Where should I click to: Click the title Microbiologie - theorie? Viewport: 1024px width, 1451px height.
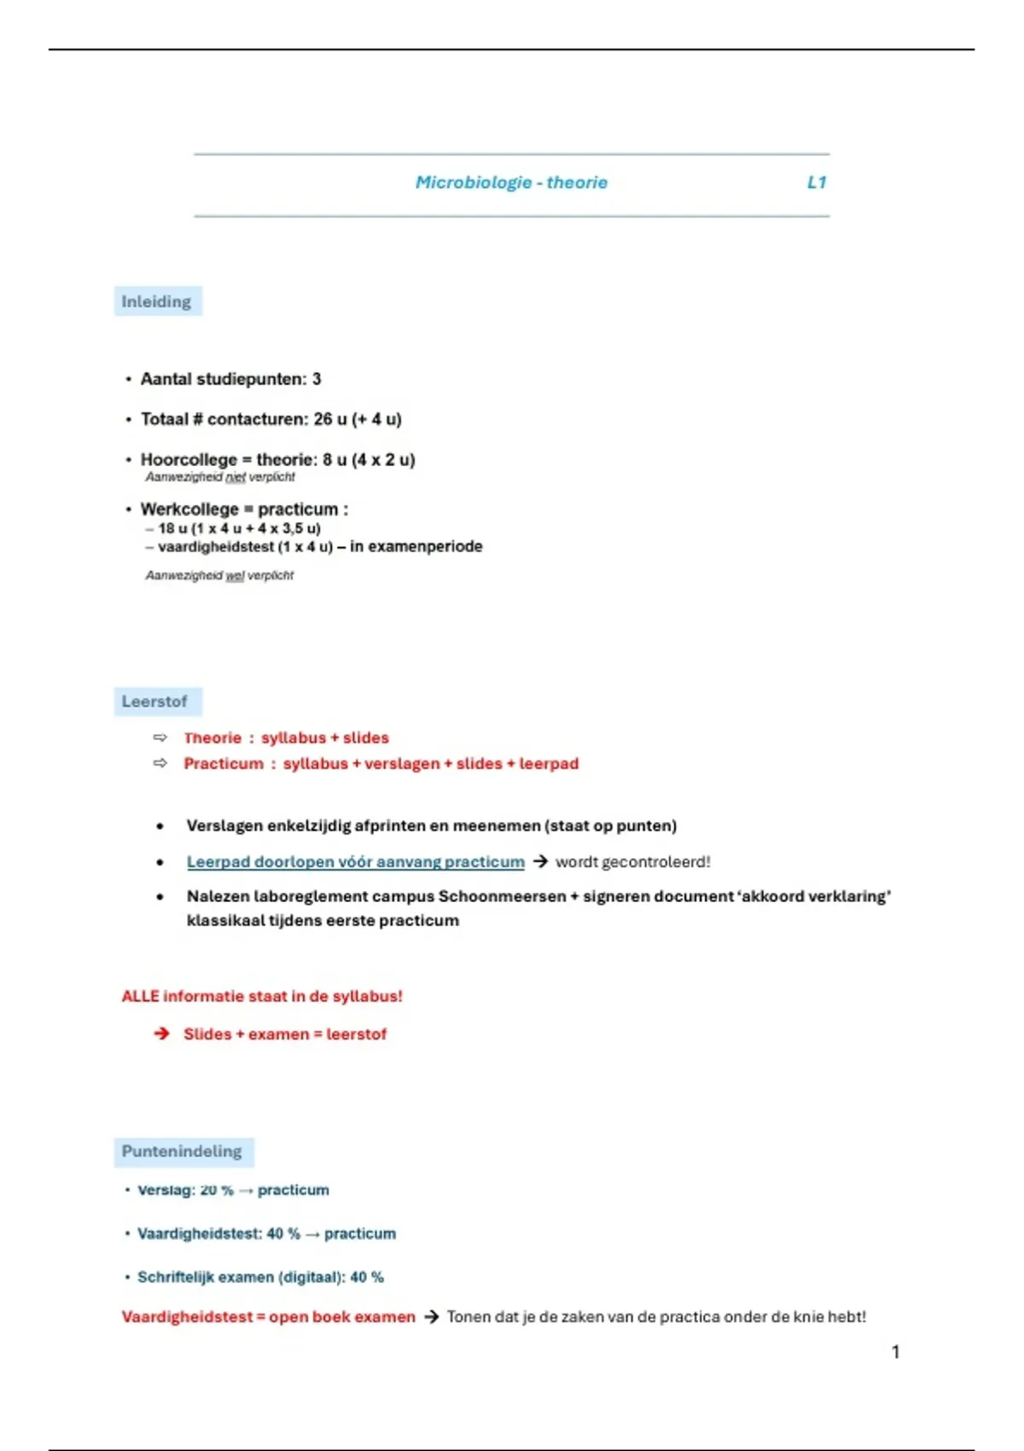point(511,182)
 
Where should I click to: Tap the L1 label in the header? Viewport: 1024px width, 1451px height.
point(817,182)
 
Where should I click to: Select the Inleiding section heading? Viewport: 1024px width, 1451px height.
point(156,301)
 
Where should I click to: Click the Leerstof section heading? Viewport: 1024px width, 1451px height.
point(154,701)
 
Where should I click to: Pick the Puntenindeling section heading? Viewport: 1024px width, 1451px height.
point(182,1151)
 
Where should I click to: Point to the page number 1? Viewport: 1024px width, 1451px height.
point(895,1351)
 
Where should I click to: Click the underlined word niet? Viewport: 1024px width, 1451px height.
point(236,477)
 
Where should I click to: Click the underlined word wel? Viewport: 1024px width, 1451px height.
point(235,575)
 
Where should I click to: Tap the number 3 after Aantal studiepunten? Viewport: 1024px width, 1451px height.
point(317,379)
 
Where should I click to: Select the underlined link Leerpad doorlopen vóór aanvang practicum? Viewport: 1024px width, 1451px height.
point(355,861)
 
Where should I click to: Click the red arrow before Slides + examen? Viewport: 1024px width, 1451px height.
point(161,1034)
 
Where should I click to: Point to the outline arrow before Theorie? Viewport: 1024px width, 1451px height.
point(160,737)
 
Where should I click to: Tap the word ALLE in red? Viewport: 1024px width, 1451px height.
point(140,996)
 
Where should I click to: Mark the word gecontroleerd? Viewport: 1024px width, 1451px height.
point(656,861)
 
